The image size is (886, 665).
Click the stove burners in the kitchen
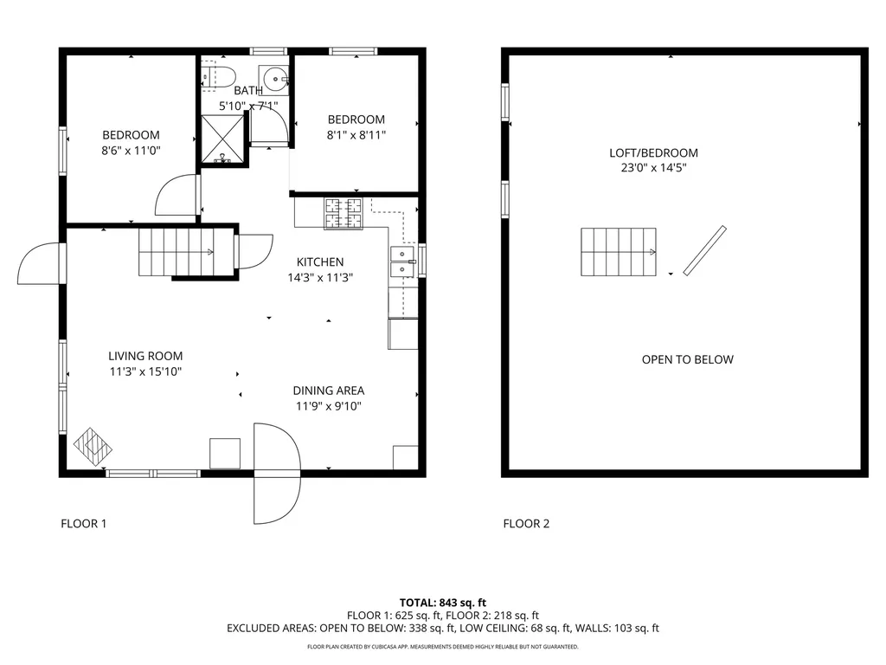343,214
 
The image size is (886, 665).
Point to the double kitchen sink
402,262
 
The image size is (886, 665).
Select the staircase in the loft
618,251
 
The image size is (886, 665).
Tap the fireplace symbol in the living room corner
93,447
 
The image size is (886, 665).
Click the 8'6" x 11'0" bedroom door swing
177,196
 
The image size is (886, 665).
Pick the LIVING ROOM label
145,356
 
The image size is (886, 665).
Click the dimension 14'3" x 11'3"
320,278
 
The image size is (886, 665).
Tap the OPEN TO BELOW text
687,359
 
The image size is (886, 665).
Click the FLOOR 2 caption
526,523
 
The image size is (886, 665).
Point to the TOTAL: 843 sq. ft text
443,603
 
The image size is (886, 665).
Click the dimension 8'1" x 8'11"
356,134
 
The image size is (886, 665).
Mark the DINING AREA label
328,391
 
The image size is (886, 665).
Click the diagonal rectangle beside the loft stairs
704,251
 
